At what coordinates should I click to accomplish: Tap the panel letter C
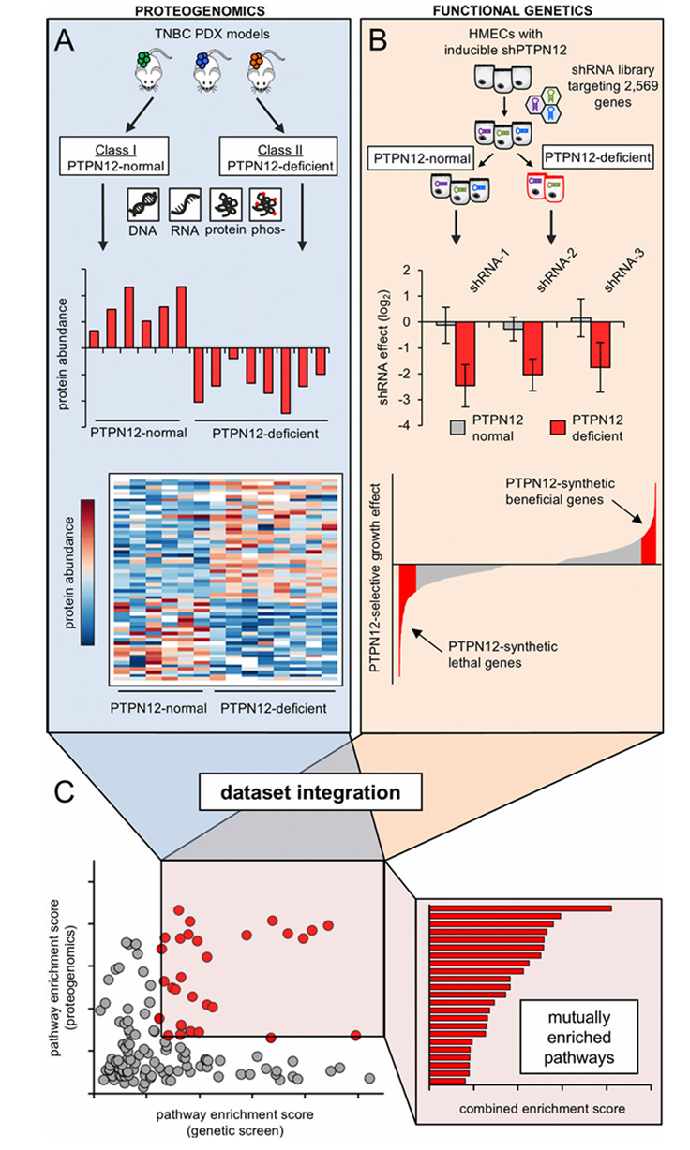(x=64, y=792)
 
